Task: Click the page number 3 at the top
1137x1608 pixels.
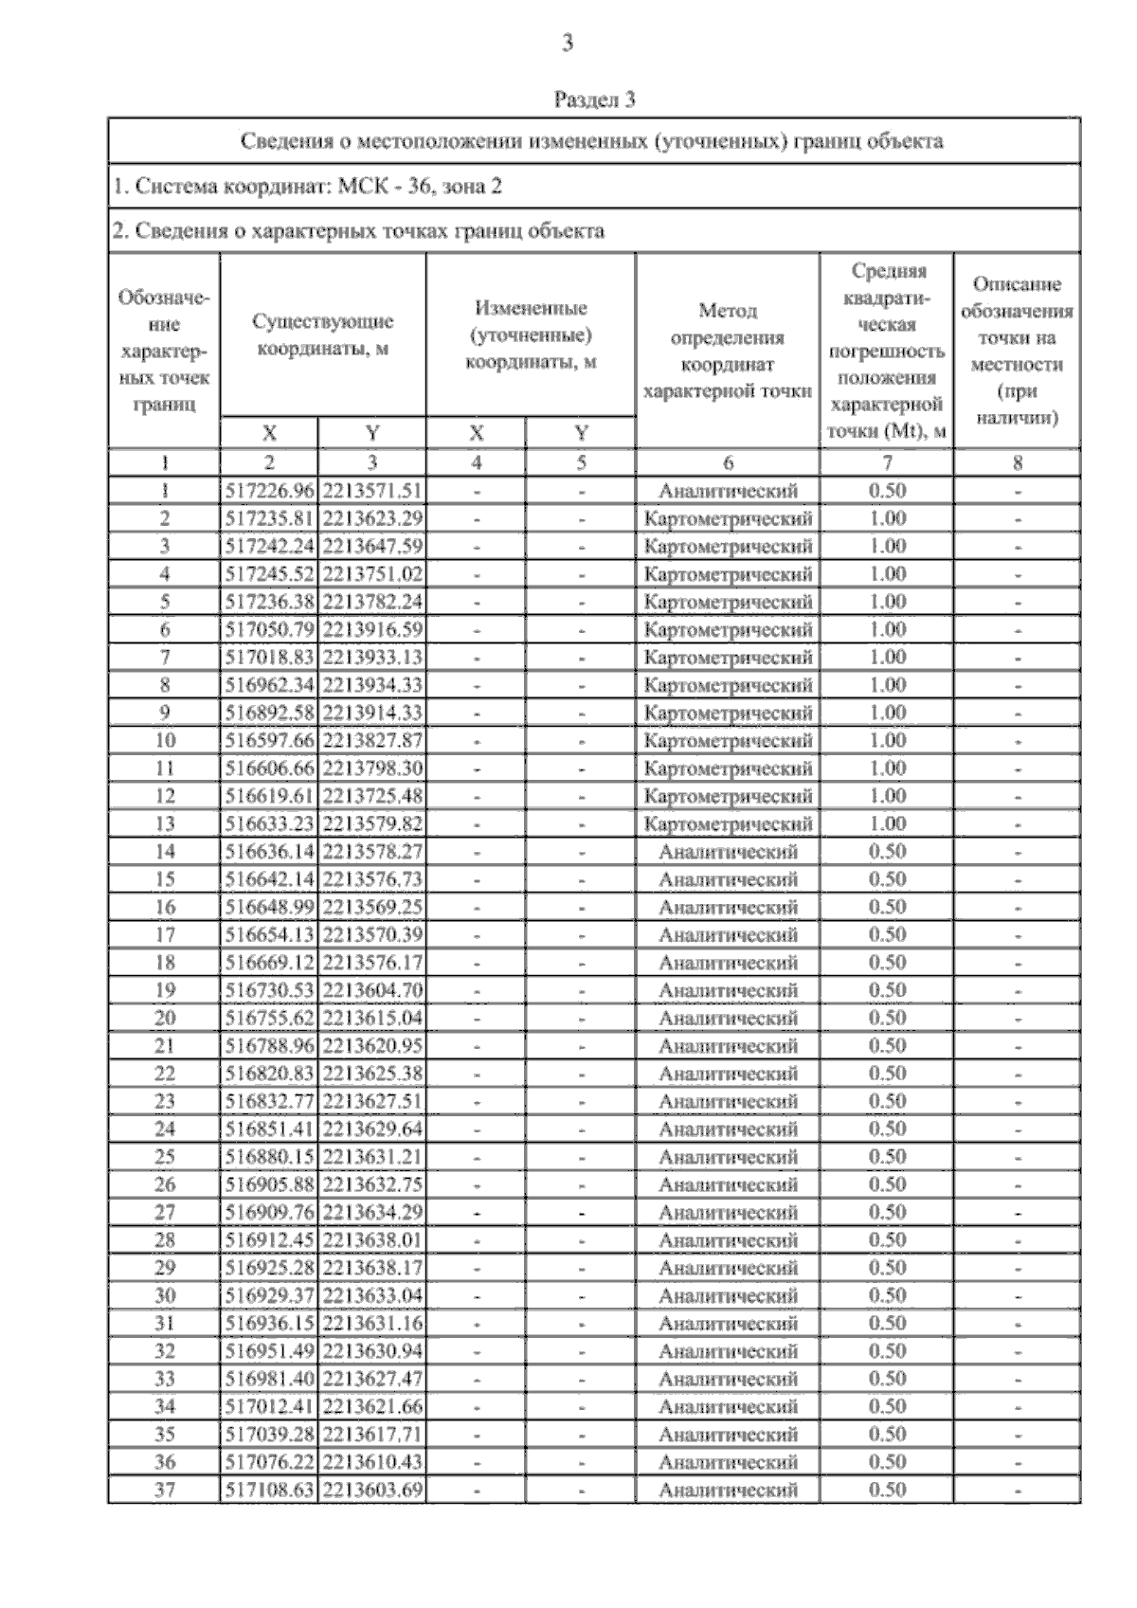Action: coord(568,43)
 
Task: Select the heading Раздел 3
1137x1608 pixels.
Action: coord(594,99)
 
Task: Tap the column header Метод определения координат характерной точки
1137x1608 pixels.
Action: coord(728,351)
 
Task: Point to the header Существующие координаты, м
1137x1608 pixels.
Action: coord(323,334)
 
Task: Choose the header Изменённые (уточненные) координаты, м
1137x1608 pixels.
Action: coord(531,334)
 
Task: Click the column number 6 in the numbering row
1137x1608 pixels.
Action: coord(728,462)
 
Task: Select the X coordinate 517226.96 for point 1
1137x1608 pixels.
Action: coord(270,491)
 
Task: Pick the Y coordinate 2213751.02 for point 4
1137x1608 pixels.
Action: coord(372,574)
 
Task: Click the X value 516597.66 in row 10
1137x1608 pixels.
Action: coord(270,740)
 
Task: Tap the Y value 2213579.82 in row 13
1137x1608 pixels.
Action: coord(372,823)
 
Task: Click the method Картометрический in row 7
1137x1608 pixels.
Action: coord(728,658)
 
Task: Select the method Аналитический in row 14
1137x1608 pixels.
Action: coord(728,852)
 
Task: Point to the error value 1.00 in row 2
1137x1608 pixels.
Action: coord(888,518)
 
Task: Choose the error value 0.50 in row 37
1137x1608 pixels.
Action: coord(888,1490)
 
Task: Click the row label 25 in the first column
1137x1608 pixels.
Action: coord(165,1157)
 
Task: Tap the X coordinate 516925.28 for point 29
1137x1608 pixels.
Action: coord(270,1268)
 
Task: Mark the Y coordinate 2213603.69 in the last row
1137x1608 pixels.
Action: coord(372,1490)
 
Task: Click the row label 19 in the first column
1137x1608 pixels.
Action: coord(165,990)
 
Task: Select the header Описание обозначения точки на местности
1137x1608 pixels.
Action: coord(1017,351)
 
